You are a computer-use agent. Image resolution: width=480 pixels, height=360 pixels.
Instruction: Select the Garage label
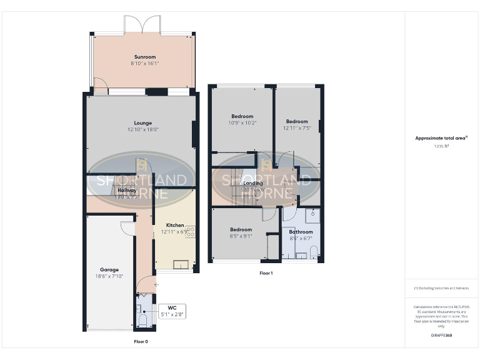pos(109,270)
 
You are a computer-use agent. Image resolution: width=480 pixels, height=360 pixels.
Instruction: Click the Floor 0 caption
pos(141,342)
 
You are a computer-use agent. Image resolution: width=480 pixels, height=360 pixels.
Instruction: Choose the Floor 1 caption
pos(266,273)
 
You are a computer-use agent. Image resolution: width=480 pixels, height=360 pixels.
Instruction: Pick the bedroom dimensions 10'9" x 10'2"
pos(242,123)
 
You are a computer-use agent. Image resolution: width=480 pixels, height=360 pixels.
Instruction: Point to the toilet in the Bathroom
pos(314,252)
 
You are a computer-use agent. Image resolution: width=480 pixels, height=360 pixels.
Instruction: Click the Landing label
pos(253,183)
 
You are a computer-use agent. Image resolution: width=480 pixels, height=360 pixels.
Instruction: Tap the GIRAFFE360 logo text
pos(442,336)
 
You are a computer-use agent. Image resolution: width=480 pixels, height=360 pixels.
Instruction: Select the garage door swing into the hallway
pos(127,227)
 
